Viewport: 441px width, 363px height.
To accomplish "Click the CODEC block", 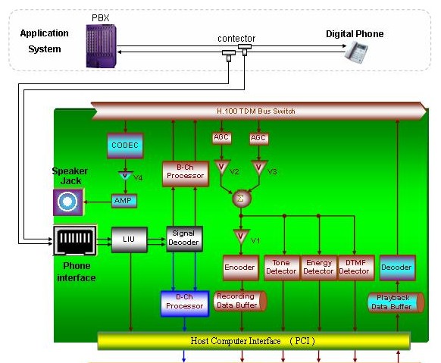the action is tap(125, 146).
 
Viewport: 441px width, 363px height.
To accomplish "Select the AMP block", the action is tap(124, 201).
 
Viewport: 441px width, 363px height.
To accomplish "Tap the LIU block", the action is tap(130, 239).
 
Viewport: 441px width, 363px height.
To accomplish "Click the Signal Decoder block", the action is tap(184, 239).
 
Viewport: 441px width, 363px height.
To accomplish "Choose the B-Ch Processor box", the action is tap(186, 174).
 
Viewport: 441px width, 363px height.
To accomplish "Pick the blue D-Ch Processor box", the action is tap(185, 304).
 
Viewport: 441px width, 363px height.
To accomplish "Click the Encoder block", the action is tap(241, 268).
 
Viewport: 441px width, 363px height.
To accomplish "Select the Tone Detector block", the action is tap(282, 268).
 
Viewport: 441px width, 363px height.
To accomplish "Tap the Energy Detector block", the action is tap(319, 268).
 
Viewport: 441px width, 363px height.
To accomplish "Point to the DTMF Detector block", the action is tap(356, 268).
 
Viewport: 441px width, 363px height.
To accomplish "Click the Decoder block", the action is tap(397, 268).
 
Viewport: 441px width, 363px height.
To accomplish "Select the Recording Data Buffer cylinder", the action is tap(240, 301).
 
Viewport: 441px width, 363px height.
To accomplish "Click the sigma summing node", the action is tap(241, 199).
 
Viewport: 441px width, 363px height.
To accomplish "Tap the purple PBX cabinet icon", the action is tap(101, 45).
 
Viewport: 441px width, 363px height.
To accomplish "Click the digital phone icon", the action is tap(356, 52).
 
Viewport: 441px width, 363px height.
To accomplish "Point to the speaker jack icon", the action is tap(68, 202).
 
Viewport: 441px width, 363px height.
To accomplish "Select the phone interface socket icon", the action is tap(75, 240).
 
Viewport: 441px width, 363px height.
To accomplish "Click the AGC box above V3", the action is tap(259, 138).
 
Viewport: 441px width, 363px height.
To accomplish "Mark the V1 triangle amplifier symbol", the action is tap(241, 236).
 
